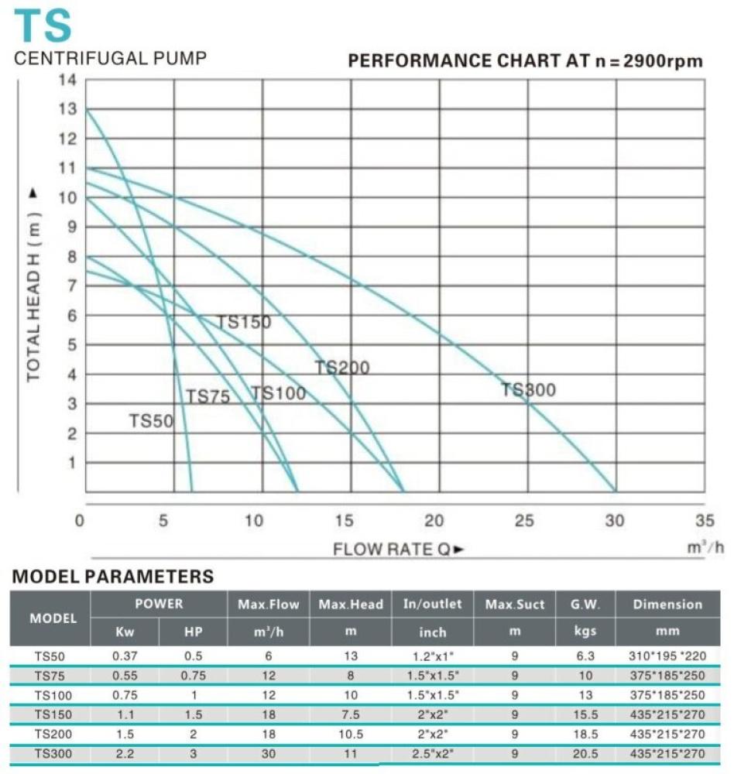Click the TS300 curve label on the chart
pos(528,390)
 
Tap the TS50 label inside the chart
pos(151,421)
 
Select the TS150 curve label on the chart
pos(244,322)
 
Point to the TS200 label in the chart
pos(341,368)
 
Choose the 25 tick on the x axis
pos(525,521)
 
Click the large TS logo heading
pos(44,26)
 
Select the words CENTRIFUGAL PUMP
pos(111,59)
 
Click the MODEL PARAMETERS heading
pos(113,577)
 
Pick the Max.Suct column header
pos(515,604)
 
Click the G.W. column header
pos(585,604)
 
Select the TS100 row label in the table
pos(50,695)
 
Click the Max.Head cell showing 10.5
pos(351,734)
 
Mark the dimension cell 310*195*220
pos(667,656)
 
